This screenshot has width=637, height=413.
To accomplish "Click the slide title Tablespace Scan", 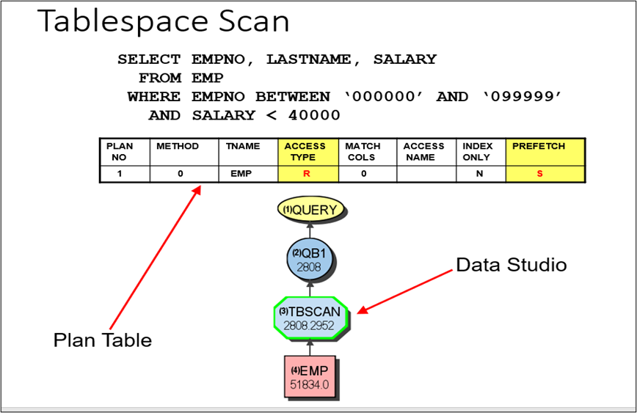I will point(163,21).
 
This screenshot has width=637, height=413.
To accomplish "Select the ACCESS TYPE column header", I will point(305,151).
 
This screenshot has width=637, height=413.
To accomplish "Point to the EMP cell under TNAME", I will point(242,174).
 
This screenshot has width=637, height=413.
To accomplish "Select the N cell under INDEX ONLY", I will point(479,174).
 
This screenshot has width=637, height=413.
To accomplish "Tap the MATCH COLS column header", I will point(363,151).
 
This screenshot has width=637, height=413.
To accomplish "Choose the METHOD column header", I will point(177,146).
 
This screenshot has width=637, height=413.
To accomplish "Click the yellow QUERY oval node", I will point(311,210).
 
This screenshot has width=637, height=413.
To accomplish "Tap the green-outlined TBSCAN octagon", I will point(311,318).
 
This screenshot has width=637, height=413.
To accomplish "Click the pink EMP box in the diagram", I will point(310,376).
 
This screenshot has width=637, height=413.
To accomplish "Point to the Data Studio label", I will point(512,265).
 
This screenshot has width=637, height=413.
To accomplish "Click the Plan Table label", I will point(102,340).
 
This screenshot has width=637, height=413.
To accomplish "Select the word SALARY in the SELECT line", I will point(404,59).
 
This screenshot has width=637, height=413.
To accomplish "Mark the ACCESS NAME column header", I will point(423,151).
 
